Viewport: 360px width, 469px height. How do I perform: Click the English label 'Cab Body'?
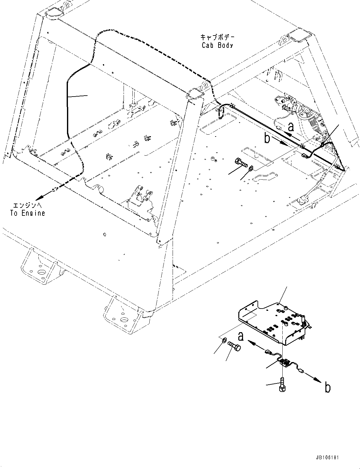click(217, 45)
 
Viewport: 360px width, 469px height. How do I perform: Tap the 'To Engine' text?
click(28, 213)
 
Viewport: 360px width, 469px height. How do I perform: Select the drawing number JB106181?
click(326, 458)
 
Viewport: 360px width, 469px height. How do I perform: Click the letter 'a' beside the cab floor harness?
click(291, 126)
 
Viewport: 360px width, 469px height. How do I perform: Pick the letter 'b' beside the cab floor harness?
click(267, 138)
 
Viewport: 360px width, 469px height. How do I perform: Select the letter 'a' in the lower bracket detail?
click(241, 337)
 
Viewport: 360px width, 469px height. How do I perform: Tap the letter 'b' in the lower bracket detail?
click(327, 388)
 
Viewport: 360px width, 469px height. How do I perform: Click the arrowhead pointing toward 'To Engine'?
click(38, 198)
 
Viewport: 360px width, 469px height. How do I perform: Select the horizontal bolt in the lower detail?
click(235, 346)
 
